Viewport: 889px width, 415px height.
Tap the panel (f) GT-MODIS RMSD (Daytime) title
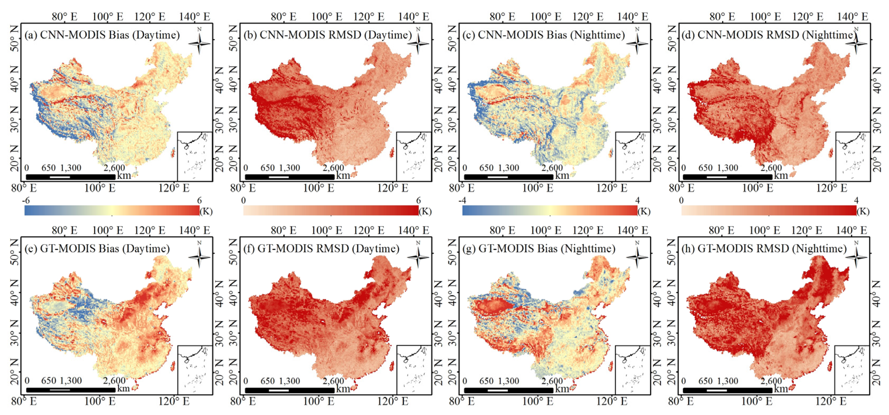click(x=322, y=249)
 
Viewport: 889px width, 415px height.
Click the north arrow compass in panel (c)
click(x=637, y=42)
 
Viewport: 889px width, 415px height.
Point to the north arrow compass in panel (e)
click(x=199, y=256)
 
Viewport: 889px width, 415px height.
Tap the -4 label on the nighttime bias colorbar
click(x=462, y=201)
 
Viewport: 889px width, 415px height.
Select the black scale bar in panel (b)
click(x=289, y=177)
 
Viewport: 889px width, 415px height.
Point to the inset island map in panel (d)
click(x=852, y=156)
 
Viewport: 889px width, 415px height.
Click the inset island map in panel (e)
click(x=195, y=369)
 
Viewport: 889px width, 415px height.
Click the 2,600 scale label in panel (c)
click(x=552, y=168)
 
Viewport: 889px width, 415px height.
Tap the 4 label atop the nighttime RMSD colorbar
click(x=856, y=201)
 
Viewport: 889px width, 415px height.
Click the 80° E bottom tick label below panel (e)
click(x=24, y=401)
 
